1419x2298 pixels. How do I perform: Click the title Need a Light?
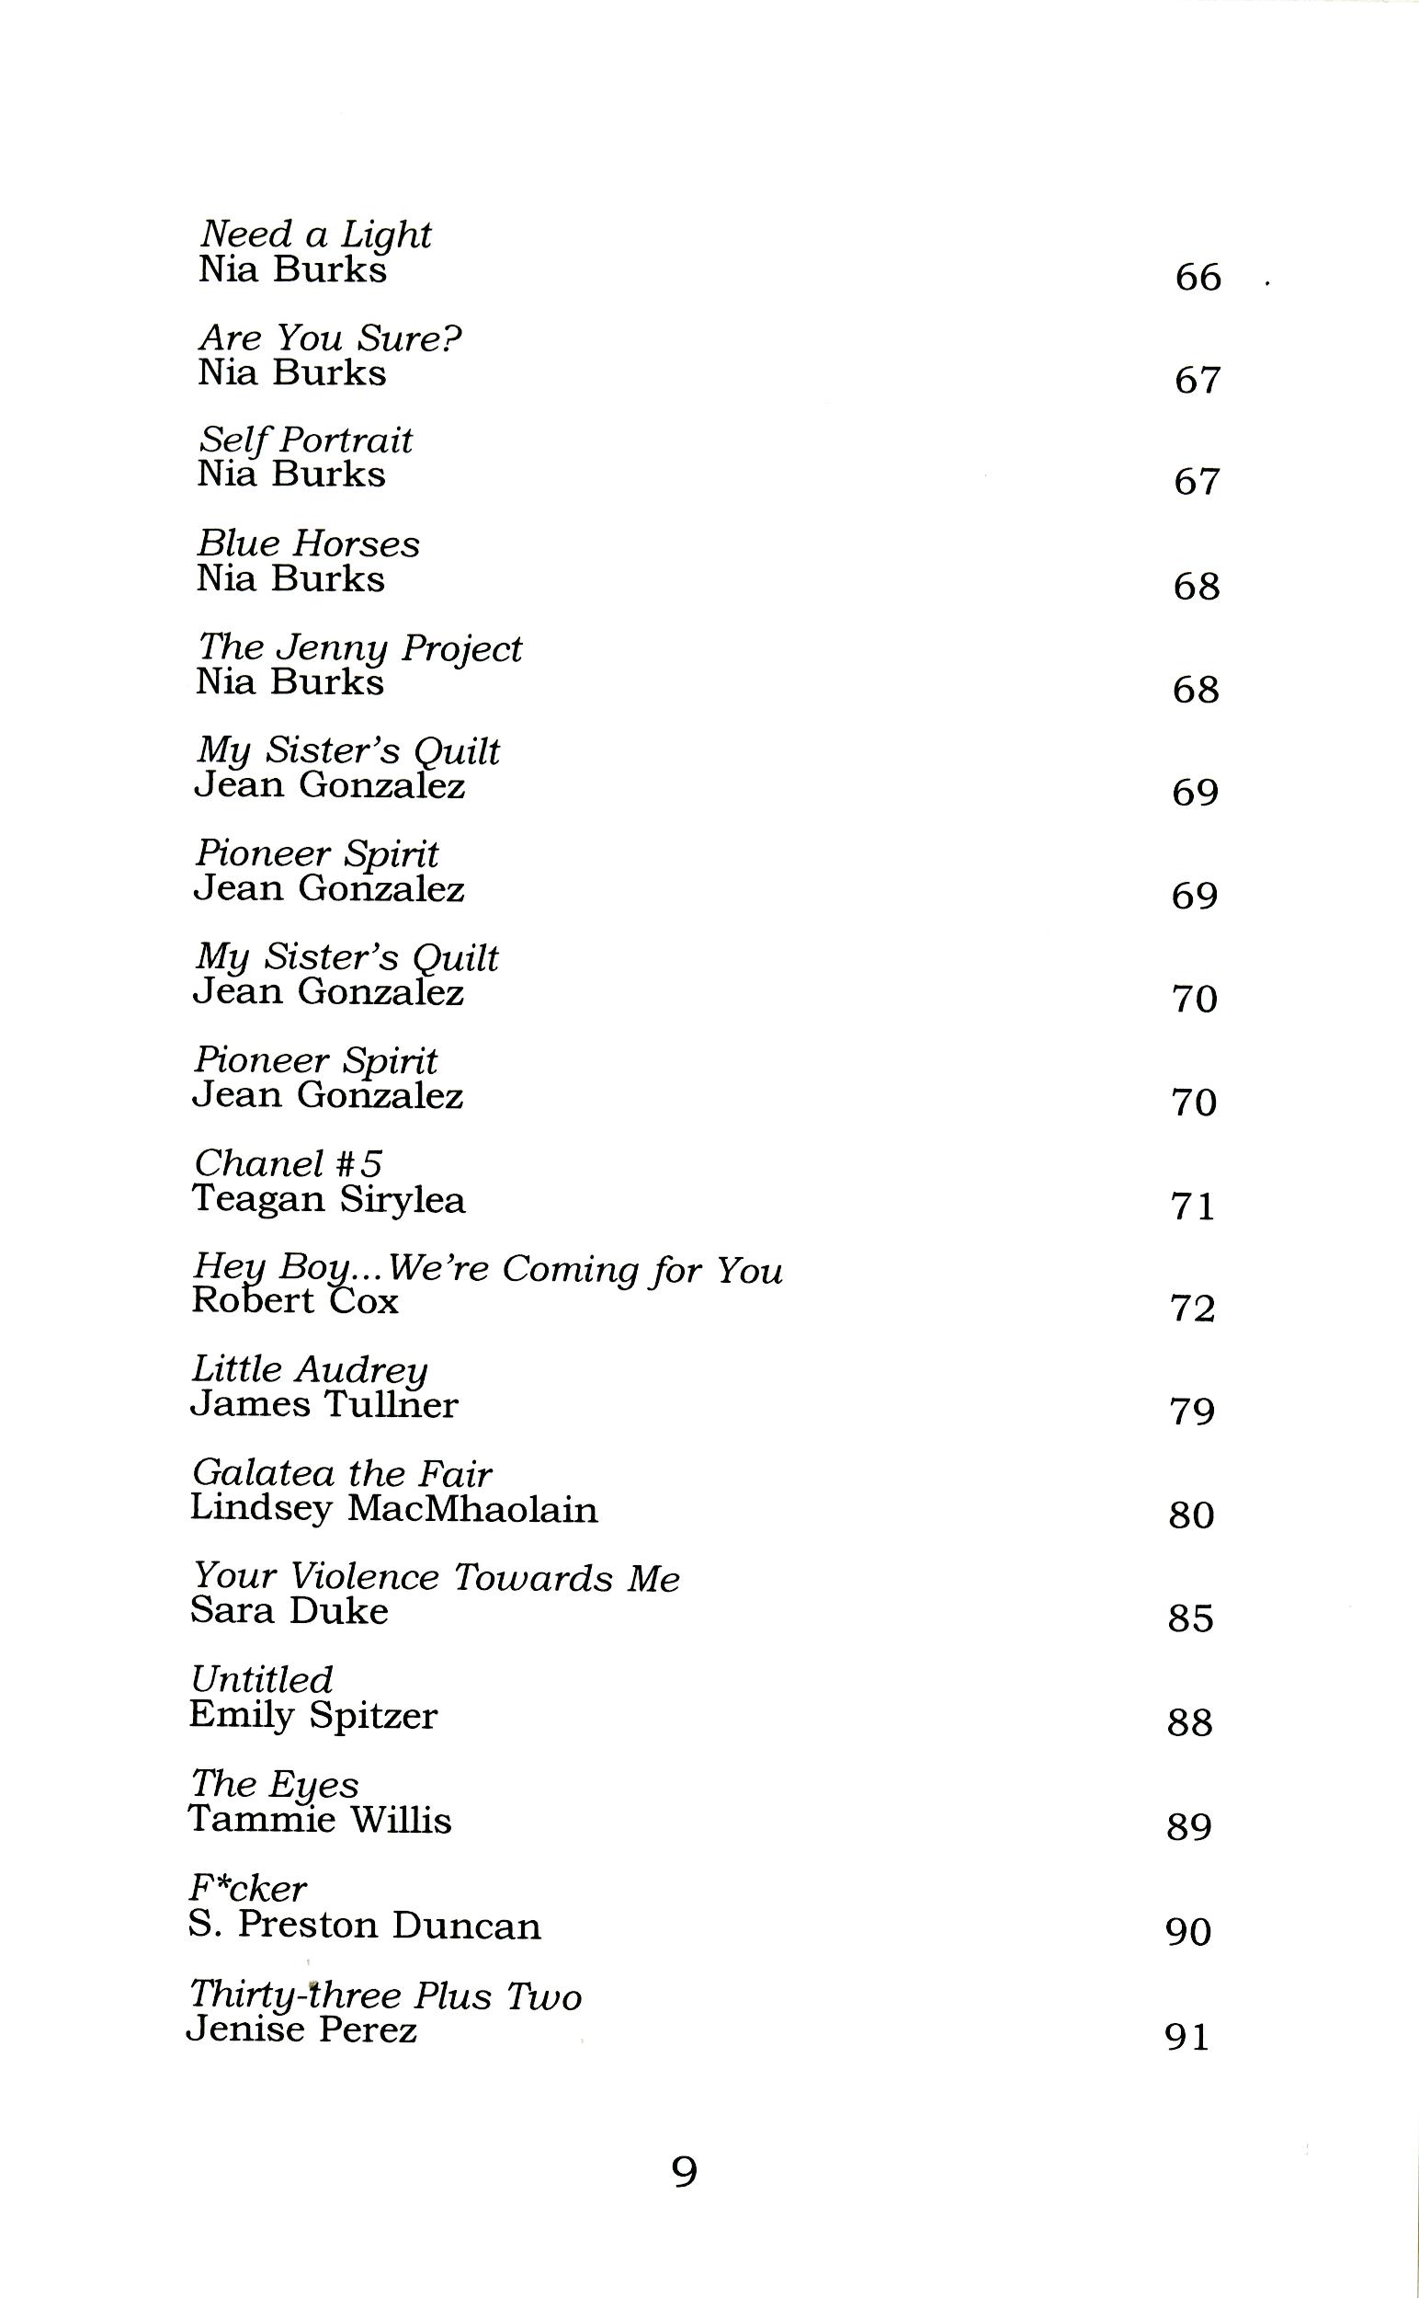[315, 234]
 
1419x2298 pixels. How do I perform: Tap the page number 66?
[1198, 278]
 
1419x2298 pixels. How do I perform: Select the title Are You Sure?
[330, 338]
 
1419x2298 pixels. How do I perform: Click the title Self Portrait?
[306, 440]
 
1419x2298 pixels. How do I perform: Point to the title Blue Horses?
[309, 543]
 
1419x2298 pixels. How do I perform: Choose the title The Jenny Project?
[359, 647]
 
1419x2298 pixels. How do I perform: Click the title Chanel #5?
[288, 1164]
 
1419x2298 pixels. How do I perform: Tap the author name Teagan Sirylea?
[328, 1200]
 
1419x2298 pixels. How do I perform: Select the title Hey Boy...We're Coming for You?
[487, 1269]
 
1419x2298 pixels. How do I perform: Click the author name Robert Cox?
[295, 1302]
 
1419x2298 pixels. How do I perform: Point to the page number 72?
[1193, 1309]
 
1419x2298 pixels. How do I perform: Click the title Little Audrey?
[310, 1370]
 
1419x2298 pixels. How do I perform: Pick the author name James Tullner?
[324, 1405]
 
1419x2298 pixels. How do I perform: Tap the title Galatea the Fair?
[342, 1474]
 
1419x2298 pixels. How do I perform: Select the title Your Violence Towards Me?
[436, 1578]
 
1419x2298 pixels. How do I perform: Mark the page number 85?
[1191, 1618]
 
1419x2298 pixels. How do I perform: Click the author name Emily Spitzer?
[313, 1716]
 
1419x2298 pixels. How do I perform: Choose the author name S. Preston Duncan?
[364, 1926]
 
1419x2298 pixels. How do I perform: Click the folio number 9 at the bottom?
[685, 2172]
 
